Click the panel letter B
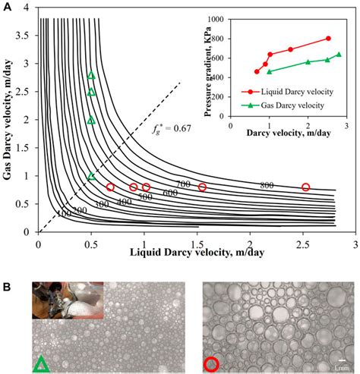(x=8, y=289)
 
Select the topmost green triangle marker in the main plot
(x=91, y=75)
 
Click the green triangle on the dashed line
(x=91, y=176)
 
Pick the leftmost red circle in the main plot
(x=110, y=187)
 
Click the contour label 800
(x=267, y=184)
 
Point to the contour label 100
(x=64, y=215)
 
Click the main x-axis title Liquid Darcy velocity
(x=182, y=251)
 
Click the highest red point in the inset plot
(x=328, y=38)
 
